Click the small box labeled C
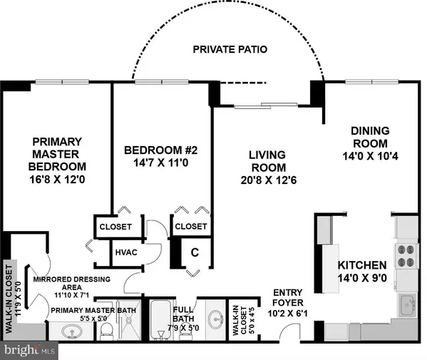[193, 252]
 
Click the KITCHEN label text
[362, 265]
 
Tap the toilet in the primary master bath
[106, 329]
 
